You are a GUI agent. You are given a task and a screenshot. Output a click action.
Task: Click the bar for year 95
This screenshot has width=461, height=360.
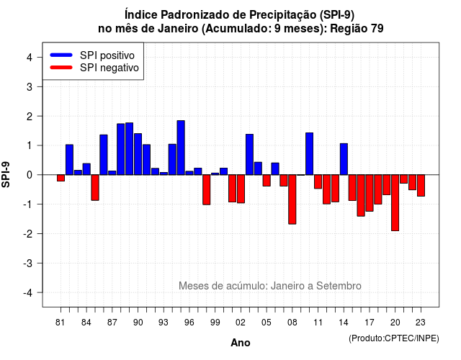[181, 148]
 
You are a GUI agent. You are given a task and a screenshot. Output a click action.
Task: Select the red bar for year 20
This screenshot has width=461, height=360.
[395, 203]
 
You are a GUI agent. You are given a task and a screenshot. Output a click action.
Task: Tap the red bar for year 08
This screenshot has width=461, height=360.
[292, 199]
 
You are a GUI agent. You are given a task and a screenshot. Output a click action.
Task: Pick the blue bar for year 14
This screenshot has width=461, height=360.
[344, 159]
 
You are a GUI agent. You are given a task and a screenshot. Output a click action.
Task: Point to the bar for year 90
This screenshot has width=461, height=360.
[138, 154]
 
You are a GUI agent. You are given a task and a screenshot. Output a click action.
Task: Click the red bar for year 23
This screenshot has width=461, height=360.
[421, 186]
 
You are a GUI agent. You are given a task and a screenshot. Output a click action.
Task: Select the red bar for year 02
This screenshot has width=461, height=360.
[241, 189]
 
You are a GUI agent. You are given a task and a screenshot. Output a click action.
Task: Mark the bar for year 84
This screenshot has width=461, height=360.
[86, 169]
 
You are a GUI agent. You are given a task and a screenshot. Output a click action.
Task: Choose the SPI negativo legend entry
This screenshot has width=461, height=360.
[94, 68]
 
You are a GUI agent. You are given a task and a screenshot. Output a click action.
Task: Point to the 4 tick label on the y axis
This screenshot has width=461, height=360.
[30, 58]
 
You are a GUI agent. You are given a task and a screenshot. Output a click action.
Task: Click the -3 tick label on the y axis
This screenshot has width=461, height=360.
[27, 264]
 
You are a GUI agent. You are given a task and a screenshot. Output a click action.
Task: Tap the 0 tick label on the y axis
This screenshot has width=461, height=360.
[30, 175]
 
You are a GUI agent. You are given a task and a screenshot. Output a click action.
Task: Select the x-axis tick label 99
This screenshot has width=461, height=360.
[215, 323]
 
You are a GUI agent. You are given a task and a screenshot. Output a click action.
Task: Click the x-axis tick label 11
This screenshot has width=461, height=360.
[318, 323]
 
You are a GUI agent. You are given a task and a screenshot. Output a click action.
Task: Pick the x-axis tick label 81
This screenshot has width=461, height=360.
[61, 323]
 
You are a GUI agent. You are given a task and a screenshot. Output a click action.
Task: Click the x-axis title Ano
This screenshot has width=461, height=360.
[241, 343]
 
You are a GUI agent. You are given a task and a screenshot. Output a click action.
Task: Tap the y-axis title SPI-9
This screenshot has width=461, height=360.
[6, 174]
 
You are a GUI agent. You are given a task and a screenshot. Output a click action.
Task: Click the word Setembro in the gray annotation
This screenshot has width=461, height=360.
[339, 286]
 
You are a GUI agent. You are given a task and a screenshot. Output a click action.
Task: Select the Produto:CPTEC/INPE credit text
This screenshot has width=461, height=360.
[394, 338]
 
